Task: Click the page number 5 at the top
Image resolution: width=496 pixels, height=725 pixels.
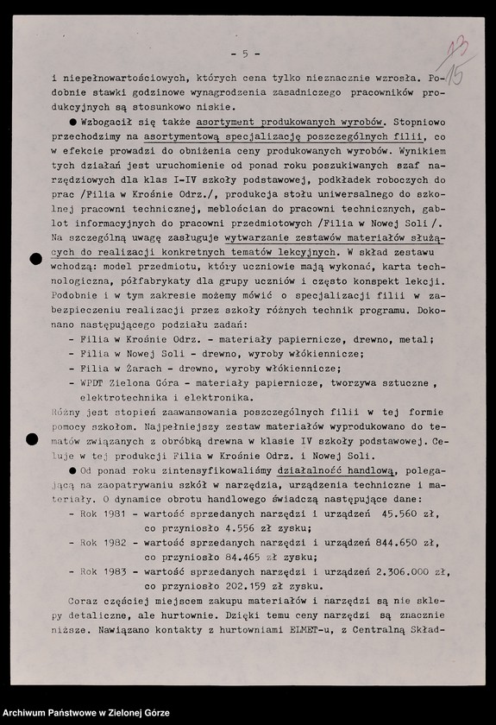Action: point(245,54)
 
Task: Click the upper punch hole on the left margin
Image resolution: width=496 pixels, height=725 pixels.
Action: point(35,258)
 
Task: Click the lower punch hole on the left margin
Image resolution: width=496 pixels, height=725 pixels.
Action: point(33,440)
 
